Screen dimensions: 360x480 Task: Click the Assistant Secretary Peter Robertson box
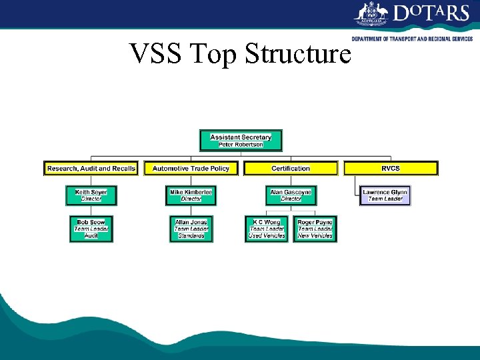tap(241, 141)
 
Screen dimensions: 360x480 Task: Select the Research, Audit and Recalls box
tap(91, 169)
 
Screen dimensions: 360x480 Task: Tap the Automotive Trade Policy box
tap(191, 169)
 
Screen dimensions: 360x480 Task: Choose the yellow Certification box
tap(291, 169)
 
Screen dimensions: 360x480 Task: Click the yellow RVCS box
tap(391, 169)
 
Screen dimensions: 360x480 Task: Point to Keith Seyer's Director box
tap(91, 195)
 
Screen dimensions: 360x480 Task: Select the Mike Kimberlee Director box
tap(191, 195)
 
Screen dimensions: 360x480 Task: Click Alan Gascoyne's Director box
tap(291, 195)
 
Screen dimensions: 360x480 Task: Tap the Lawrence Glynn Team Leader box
tap(385, 195)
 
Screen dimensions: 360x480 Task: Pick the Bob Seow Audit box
tap(91, 229)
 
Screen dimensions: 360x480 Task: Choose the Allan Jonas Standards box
tap(191, 229)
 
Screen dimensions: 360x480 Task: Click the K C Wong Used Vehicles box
tap(267, 229)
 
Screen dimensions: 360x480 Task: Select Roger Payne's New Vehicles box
tap(315, 229)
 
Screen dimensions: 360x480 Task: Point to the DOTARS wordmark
tap(431, 13)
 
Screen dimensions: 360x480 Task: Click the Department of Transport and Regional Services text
tap(412, 39)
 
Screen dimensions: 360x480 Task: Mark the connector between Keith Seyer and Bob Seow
tap(91, 210)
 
